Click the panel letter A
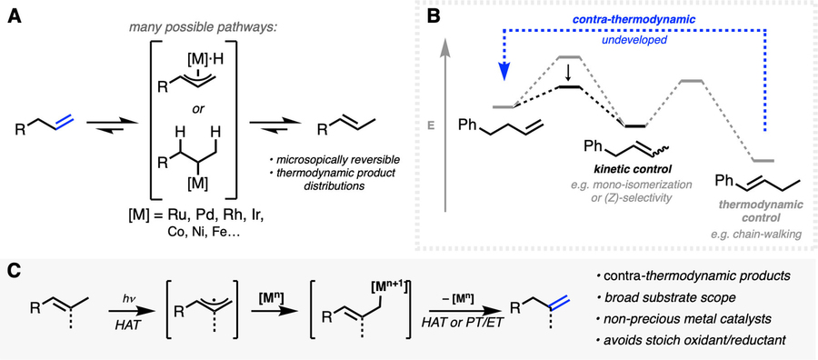(16, 18)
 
